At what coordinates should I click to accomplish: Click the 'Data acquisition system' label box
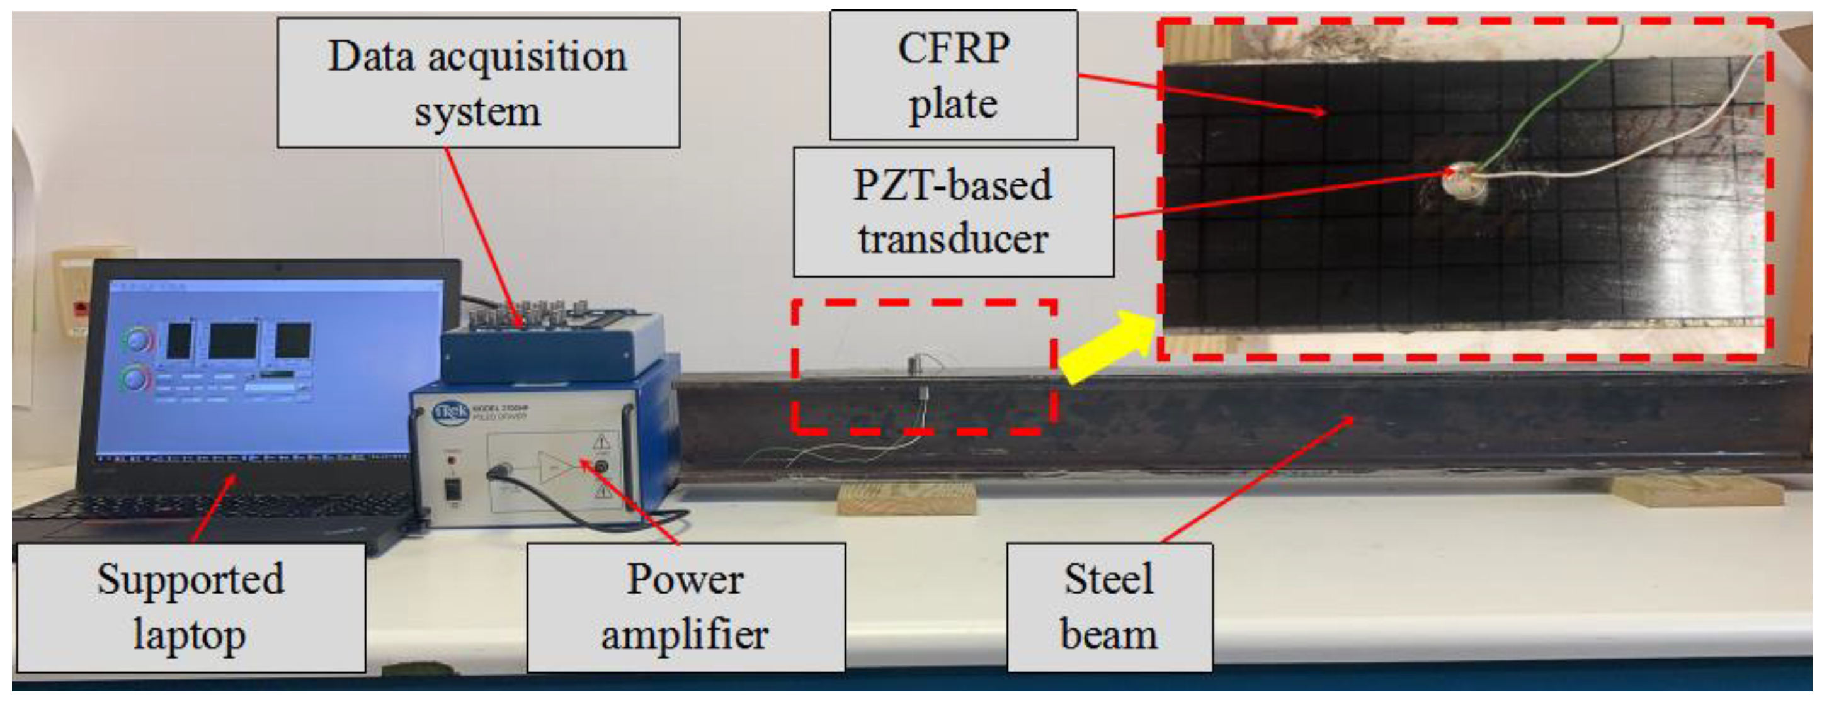click(x=478, y=82)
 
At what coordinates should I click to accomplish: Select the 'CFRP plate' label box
click(x=953, y=76)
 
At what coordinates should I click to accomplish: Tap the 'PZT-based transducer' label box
click(x=953, y=212)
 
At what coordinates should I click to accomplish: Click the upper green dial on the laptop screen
click(x=138, y=341)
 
